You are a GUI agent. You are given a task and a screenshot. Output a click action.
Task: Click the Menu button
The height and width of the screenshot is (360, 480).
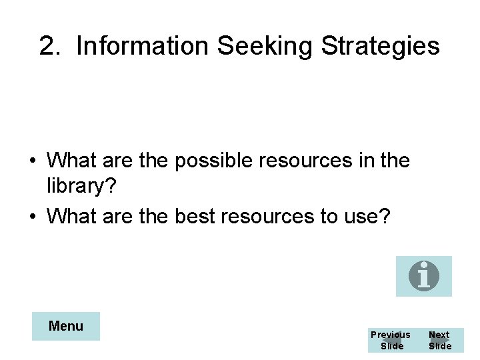pyautogui.click(x=66, y=326)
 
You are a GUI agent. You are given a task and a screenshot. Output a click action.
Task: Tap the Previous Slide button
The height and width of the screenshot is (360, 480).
pyautogui.click(x=391, y=340)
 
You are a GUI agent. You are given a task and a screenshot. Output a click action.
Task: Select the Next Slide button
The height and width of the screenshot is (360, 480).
pyautogui.click(x=439, y=340)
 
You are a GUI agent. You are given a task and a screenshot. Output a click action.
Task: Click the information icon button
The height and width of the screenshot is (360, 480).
pyautogui.click(x=423, y=276)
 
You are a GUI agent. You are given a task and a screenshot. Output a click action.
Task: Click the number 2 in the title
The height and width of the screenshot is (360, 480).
pyautogui.click(x=47, y=46)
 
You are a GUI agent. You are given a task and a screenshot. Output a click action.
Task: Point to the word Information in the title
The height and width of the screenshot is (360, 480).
pyautogui.click(x=143, y=46)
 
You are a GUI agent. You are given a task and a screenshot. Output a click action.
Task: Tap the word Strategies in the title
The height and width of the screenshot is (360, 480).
pyautogui.click(x=380, y=46)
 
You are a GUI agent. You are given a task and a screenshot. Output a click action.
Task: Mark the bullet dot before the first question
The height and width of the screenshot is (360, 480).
pyautogui.click(x=32, y=161)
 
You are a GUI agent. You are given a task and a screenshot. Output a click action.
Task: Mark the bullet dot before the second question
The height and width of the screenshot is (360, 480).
pyautogui.click(x=32, y=216)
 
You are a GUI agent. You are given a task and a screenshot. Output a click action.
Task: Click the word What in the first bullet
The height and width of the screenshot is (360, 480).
pyautogui.click(x=72, y=161)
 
